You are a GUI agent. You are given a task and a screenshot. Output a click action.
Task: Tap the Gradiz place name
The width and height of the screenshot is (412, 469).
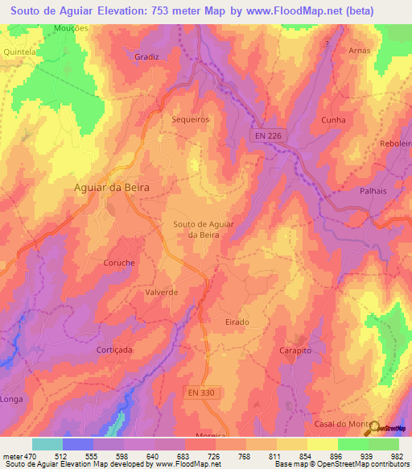point(148,57)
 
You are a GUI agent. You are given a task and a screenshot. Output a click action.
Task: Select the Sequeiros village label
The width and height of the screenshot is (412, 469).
point(191,118)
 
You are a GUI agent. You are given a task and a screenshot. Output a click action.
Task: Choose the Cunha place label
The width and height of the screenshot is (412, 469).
point(333,120)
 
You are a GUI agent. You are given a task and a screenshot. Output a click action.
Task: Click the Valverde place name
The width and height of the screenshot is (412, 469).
point(161,293)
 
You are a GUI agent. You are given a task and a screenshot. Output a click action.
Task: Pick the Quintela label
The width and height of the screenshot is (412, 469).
point(22,51)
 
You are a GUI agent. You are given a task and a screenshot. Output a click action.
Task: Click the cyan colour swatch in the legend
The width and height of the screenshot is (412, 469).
point(47,444)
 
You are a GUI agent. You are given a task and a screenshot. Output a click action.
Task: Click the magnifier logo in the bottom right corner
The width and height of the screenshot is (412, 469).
point(374,428)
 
